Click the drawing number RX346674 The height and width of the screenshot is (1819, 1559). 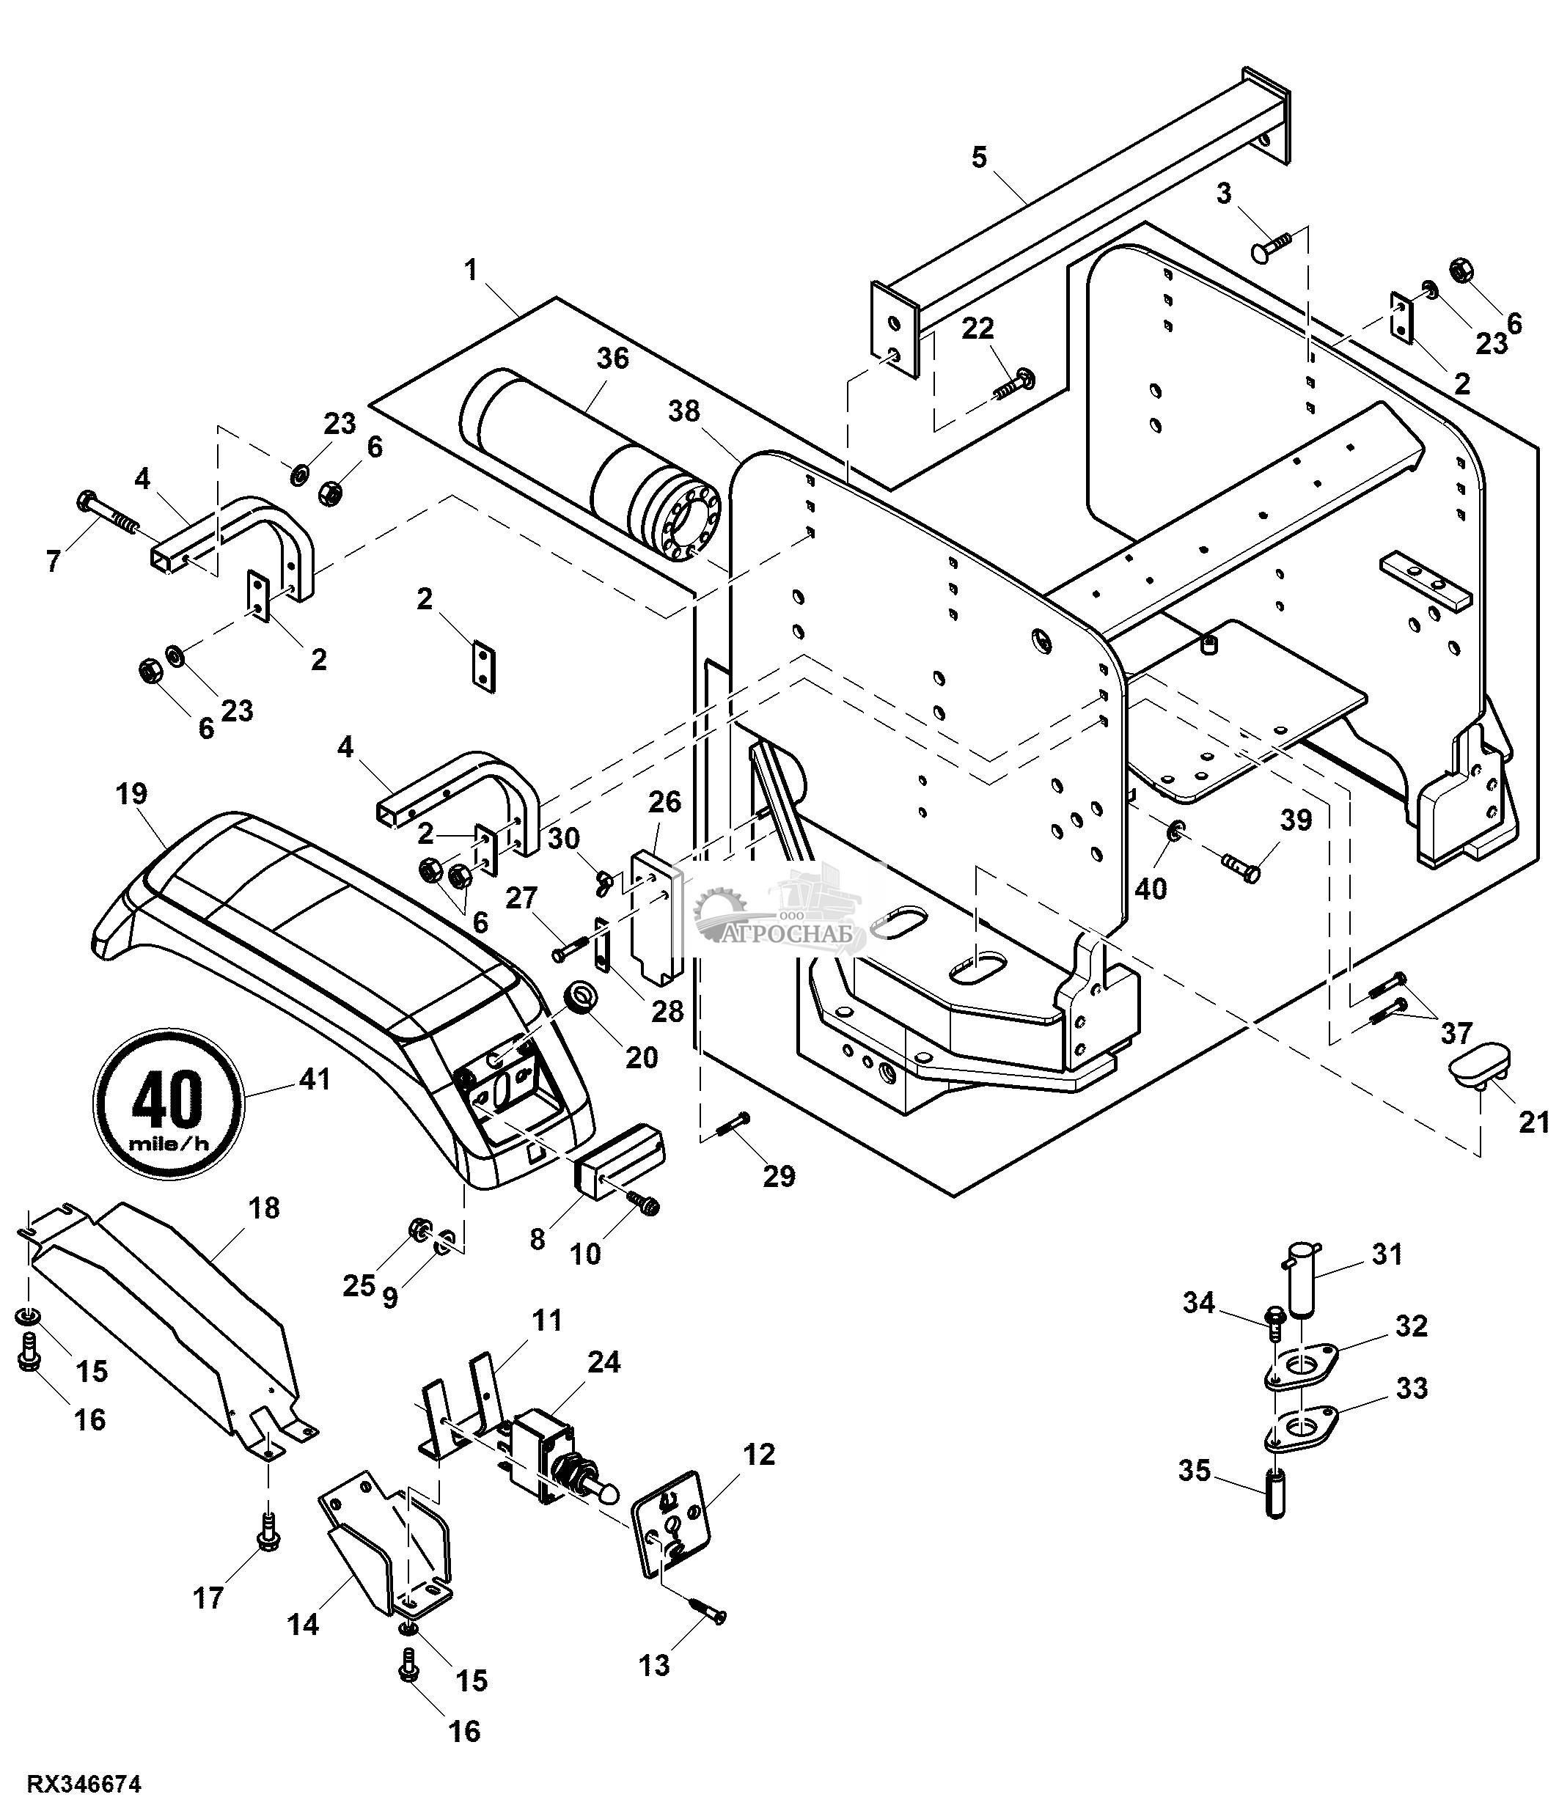tap(84, 1785)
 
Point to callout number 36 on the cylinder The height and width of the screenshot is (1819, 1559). tap(613, 359)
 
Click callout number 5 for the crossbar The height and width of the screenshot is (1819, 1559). tap(979, 158)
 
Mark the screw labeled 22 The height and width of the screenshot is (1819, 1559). tap(1012, 384)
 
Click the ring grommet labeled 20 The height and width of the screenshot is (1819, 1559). tap(580, 997)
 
